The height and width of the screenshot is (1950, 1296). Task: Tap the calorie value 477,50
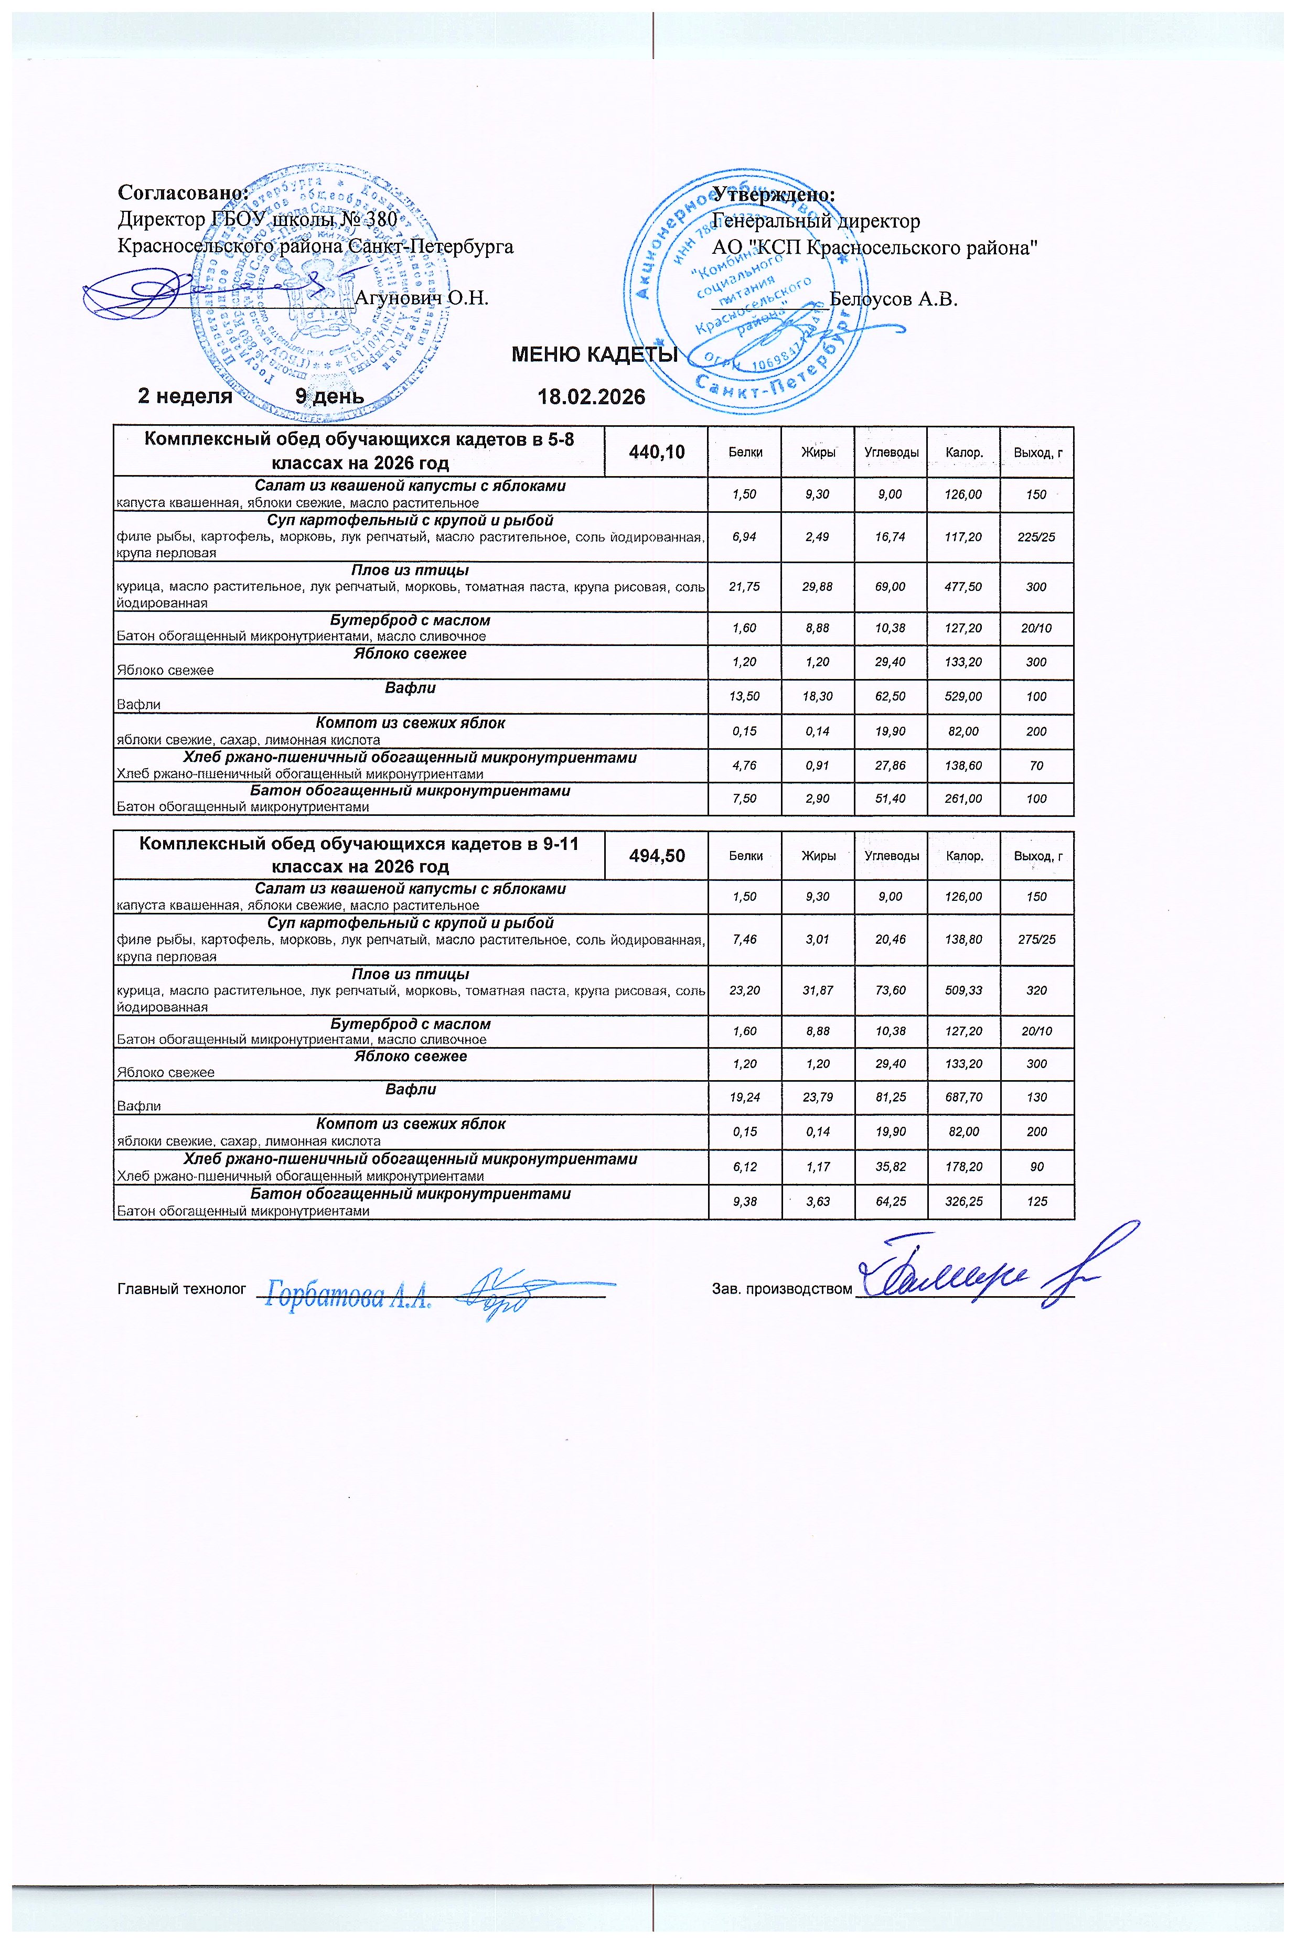pos(963,587)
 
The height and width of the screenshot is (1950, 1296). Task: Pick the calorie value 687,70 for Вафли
pos(963,1098)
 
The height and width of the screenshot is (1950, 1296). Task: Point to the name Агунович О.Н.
pos(422,297)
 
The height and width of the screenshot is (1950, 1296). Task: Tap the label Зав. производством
pos(781,1289)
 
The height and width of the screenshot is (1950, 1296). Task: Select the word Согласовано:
pos(184,193)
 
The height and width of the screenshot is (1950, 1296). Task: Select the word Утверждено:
pos(775,195)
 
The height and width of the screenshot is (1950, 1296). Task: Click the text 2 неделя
pos(184,396)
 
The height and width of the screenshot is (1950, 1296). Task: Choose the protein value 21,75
pos(745,587)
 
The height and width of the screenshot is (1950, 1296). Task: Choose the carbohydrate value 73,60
pos(891,990)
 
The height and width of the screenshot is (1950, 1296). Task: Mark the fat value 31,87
pos(818,990)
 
